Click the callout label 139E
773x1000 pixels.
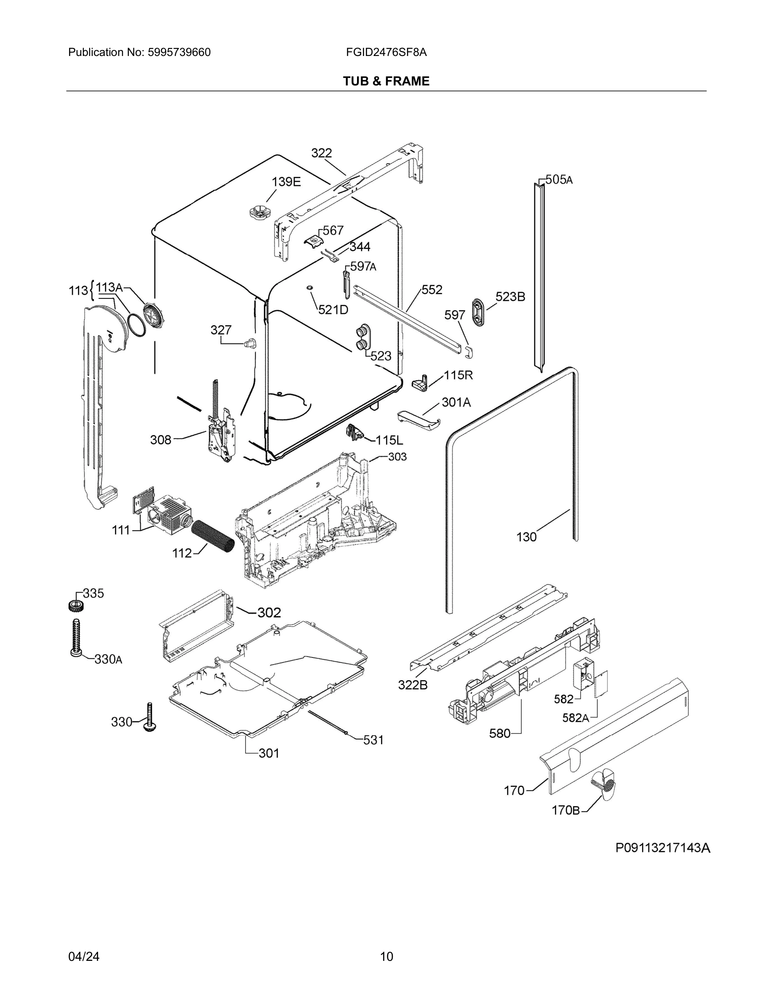pyautogui.click(x=286, y=182)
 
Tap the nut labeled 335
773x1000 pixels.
pyautogui.click(x=75, y=605)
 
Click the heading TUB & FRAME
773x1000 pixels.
pyautogui.click(x=386, y=81)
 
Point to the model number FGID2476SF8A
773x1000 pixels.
pyautogui.click(x=386, y=52)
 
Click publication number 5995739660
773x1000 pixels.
pyautogui.click(x=179, y=52)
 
